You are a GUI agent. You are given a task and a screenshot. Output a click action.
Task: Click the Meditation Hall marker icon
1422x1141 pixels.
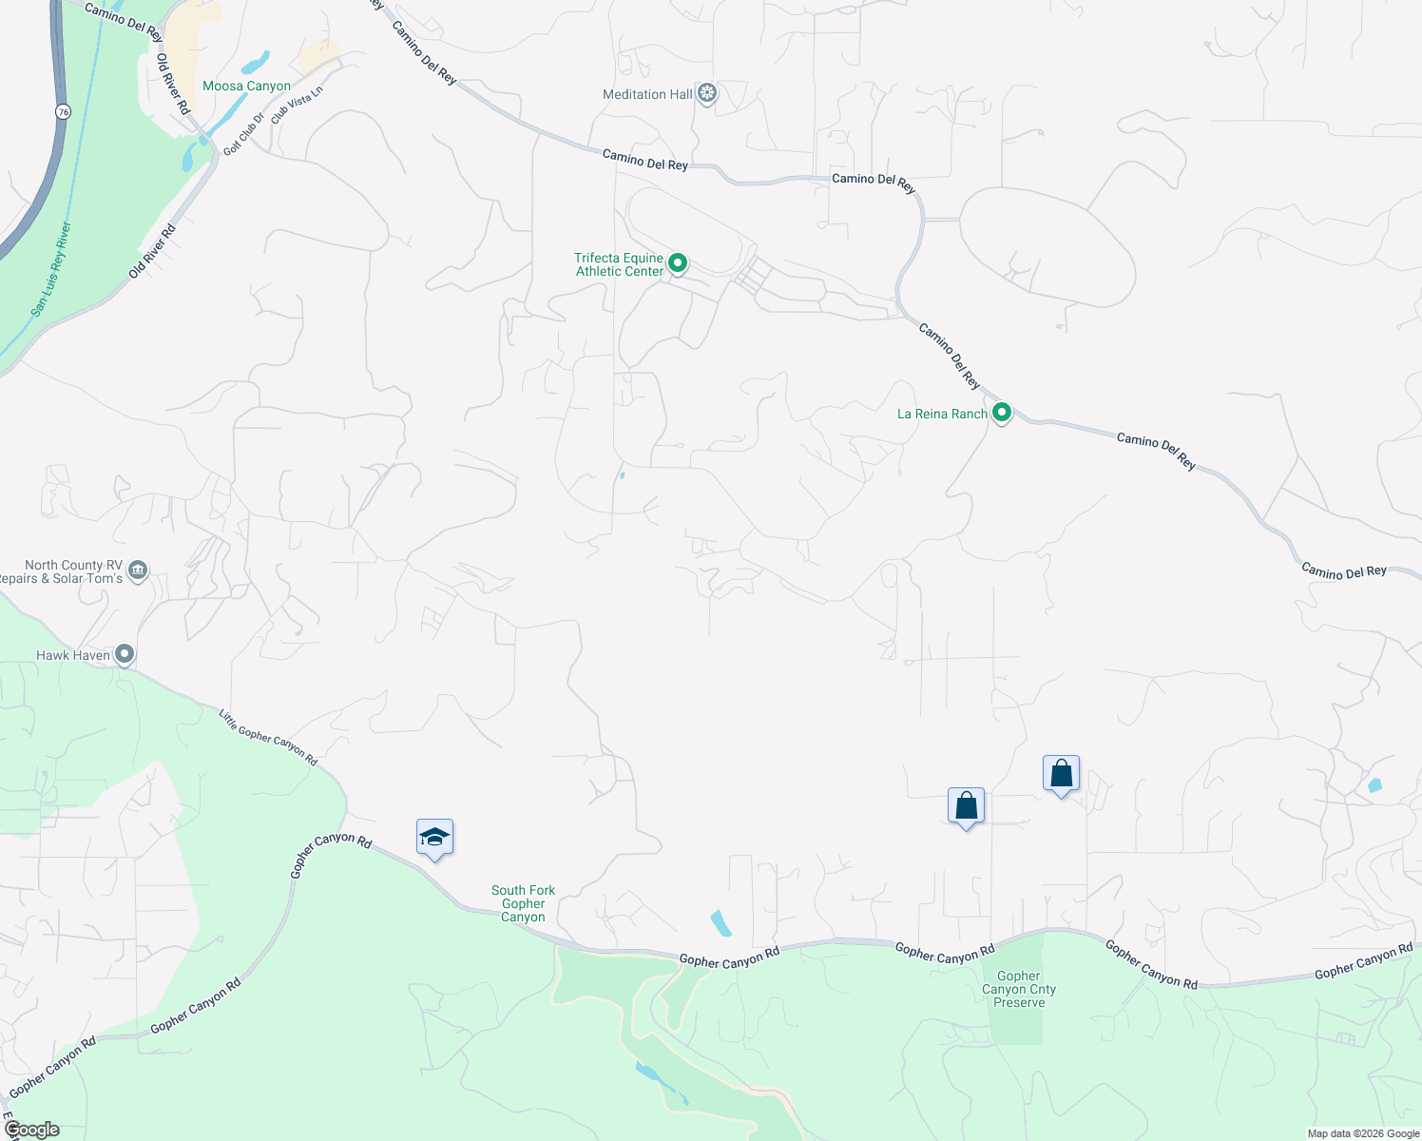pos(706,93)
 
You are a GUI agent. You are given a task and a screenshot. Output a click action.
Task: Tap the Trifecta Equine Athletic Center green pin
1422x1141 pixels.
pos(678,262)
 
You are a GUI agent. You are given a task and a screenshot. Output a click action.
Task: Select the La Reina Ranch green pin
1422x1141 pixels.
pos(1001,413)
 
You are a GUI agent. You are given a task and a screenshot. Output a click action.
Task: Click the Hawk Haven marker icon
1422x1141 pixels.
pos(125,654)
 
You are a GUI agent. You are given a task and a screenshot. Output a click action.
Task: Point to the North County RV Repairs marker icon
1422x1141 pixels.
pos(138,570)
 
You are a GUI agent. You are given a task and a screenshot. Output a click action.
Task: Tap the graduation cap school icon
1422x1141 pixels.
pos(434,838)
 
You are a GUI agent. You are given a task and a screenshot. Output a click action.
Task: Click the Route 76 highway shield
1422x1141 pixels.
pos(63,112)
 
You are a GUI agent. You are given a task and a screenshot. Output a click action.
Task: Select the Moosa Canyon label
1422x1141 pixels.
pos(246,86)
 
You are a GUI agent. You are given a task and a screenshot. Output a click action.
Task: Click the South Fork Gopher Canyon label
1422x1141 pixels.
pos(523,903)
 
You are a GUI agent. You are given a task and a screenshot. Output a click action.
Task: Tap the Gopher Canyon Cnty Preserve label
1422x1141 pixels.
pos(1019,989)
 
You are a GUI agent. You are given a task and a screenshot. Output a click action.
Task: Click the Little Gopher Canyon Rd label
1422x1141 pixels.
pos(268,737)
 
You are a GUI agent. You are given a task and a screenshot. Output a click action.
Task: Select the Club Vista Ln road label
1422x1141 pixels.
pos(298,105)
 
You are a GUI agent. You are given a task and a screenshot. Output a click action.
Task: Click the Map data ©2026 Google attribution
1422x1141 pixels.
pos(1363,1133)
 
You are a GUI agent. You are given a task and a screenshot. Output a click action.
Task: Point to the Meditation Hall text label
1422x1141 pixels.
pos(647,94)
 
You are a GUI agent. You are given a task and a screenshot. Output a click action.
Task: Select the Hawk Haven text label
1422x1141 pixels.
pos(73,655)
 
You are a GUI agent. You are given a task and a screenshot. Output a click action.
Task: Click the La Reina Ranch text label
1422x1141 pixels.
pos(942,414)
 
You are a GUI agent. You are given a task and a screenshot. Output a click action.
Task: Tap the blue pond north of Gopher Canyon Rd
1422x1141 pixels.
pos(721,922)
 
